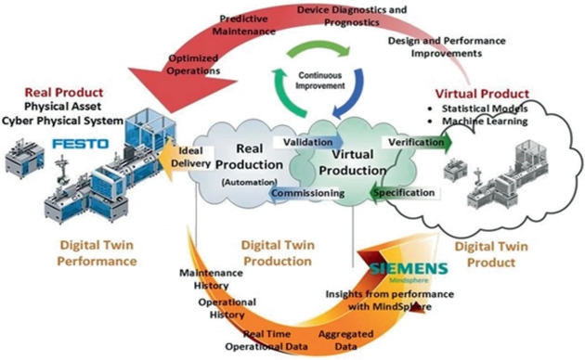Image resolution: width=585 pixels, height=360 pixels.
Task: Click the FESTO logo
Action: coord(81,144)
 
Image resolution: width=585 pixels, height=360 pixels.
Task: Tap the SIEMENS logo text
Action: coord(409,269)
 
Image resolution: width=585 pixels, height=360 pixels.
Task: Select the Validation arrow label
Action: coord(307,142)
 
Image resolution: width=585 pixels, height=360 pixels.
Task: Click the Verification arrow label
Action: coord(416,142)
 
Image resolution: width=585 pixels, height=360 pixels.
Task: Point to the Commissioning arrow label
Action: coord(307,193)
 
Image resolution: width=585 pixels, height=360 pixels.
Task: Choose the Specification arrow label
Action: coord(404,193)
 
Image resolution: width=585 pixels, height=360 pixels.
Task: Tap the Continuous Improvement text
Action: coord(319,81)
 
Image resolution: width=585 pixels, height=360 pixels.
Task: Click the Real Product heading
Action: coord(64,93)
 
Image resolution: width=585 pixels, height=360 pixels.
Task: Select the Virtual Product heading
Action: coord(482,94)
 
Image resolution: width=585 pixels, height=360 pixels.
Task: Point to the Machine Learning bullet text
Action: coord(485,122)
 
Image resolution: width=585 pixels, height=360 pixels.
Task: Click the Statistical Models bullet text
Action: coord(485,109)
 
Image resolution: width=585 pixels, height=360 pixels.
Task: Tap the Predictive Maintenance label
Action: coord(244,25)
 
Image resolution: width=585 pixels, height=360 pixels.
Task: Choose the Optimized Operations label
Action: coord(193,64)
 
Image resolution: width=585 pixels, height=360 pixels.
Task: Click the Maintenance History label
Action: coord(211,279)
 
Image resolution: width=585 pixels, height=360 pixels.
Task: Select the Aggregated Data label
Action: coord(345,340)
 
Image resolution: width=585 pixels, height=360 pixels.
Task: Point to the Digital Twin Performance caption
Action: coord(97,253)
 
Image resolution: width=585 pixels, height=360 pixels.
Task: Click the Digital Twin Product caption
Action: coord(491,254)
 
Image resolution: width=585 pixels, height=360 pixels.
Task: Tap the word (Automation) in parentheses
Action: coord(249,182)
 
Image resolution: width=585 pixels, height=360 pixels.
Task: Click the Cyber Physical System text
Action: coord(63,121)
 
